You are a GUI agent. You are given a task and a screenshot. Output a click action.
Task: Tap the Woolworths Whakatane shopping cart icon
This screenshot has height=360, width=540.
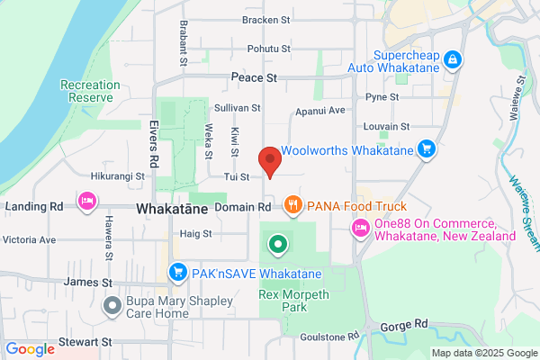pos(428,149)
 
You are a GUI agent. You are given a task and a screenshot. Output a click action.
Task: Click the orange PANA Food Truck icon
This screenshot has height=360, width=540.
pos(292,206)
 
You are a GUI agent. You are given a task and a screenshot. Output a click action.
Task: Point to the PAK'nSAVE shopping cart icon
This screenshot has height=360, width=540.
pos(177,271)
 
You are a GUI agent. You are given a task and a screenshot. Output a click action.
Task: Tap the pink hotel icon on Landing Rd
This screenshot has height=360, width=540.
pos(86,199)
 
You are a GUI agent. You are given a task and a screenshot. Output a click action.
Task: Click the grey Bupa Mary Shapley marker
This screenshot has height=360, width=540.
pos(112,305)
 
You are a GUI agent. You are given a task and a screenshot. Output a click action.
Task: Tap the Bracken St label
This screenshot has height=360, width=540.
pos(266,19)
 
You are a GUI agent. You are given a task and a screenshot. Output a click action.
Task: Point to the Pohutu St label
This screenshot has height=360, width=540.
pos(269,48)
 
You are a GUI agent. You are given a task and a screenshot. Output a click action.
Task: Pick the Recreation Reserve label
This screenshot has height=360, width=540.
pos(90,91)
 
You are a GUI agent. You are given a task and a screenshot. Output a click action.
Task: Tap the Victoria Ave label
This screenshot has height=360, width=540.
pos(30,240)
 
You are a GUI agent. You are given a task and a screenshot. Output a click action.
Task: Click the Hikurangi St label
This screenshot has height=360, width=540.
pos(118,176)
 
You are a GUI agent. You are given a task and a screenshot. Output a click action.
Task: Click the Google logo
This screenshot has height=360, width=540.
pos(30,349)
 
